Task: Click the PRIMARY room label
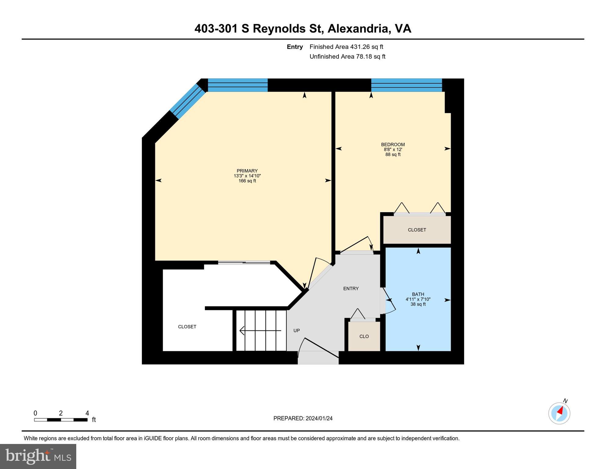(247, 171)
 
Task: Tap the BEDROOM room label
(393, 144)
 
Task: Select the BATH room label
(418, 294)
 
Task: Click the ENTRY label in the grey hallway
(351, 289)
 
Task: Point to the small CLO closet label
(364, 336)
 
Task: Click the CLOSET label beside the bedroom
(417, 230)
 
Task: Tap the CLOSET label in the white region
(187, 327)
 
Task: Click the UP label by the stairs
(296, 331)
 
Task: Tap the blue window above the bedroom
(406, 85)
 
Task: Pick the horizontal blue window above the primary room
(238, 85)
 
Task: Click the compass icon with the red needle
(559, 413)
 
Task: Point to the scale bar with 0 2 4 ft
(61, 420)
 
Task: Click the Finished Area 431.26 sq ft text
(346, 47)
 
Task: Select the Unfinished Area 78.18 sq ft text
(347, 56)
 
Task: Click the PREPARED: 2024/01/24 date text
(303, 418)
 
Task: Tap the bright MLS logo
(38, 456)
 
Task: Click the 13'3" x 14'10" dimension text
(247, 176)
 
